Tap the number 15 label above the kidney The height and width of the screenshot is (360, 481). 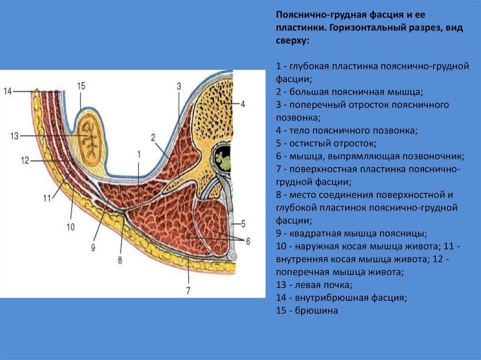click(81, 86)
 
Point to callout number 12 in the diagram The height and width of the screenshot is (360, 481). click(25, 161)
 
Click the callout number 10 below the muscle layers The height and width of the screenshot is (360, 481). click(70, 227)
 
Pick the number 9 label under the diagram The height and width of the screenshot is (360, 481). click(93, 246)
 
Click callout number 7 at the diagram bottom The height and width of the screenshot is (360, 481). click(188, 291)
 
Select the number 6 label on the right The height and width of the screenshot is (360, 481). click(248, 241)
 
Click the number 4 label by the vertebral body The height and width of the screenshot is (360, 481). click(243, 104)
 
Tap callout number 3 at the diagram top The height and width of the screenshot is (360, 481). click(178, 86)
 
